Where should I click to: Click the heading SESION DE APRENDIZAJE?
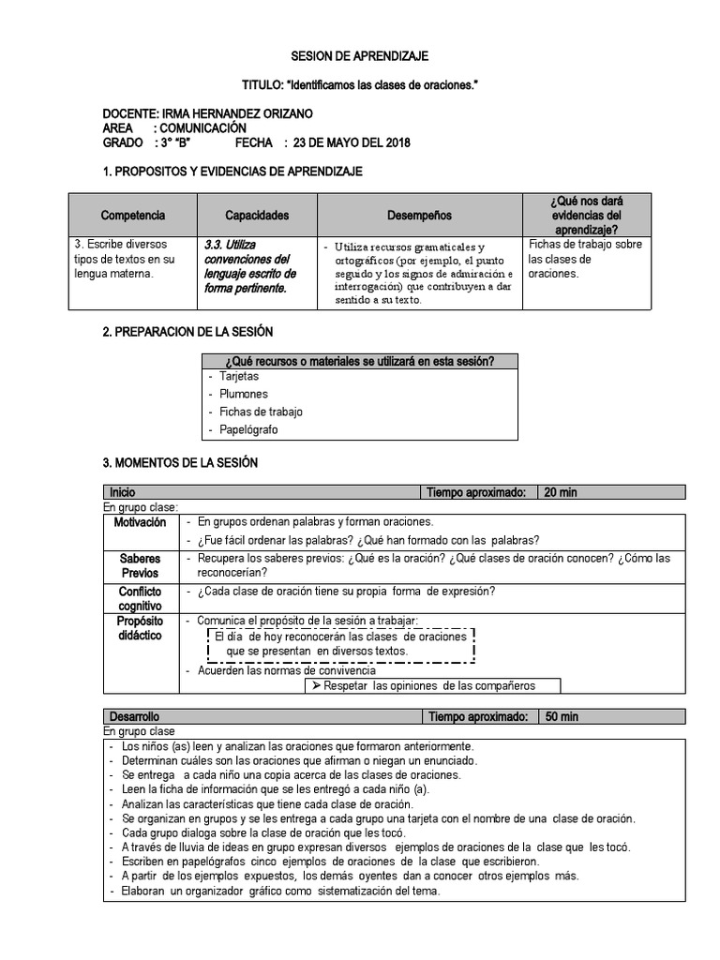tap(359, 56)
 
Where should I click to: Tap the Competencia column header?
tap(132, 216)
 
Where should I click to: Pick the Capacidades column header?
tap(257, 216)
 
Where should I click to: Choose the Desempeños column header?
tap(419, 216)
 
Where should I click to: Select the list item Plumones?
tap(244, 394)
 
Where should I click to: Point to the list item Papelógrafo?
tap(248, 429)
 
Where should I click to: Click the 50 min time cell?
tap(562, 717)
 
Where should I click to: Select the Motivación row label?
tap(140, 522)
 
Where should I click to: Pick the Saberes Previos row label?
tap(140, 565)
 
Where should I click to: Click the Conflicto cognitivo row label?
tap(140, 599)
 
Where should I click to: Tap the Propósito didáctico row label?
tap(140, 628)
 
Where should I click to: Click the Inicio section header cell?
tap(123, 492)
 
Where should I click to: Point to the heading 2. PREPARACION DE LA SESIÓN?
tap(187, 333)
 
